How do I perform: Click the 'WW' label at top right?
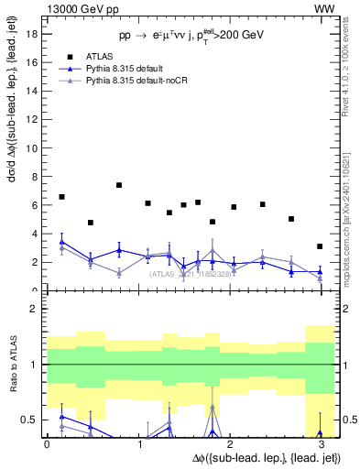pyautogui.click(x=324, y=8)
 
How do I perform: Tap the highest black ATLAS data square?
pyautogui.click(x=119, y=185)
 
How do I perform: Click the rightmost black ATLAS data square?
pyautogui.click(x=319, y=246)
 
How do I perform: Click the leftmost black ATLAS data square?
pyautogui.click(x=61, y=197)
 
